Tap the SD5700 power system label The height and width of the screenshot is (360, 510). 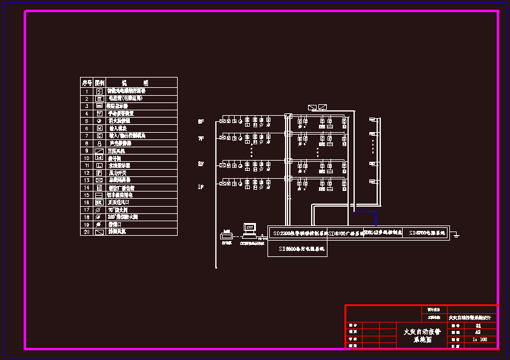click(x=428, y=232)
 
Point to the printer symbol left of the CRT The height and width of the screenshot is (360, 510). click(x=226, y=235)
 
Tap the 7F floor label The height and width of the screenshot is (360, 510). click(x=201, y=139)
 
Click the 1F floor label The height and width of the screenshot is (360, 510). click(x=201, y=187)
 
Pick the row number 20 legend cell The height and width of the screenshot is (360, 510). click(x=87, y=232)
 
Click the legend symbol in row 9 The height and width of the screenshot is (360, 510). click(x=99, y=150)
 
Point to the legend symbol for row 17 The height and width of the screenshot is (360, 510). click(x=99, y=210)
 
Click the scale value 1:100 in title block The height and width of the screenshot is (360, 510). click(x=479, y=339)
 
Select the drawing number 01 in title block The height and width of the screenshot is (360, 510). click(x=478, y=325)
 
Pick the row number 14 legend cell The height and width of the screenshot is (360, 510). click(x=87, y=187)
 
